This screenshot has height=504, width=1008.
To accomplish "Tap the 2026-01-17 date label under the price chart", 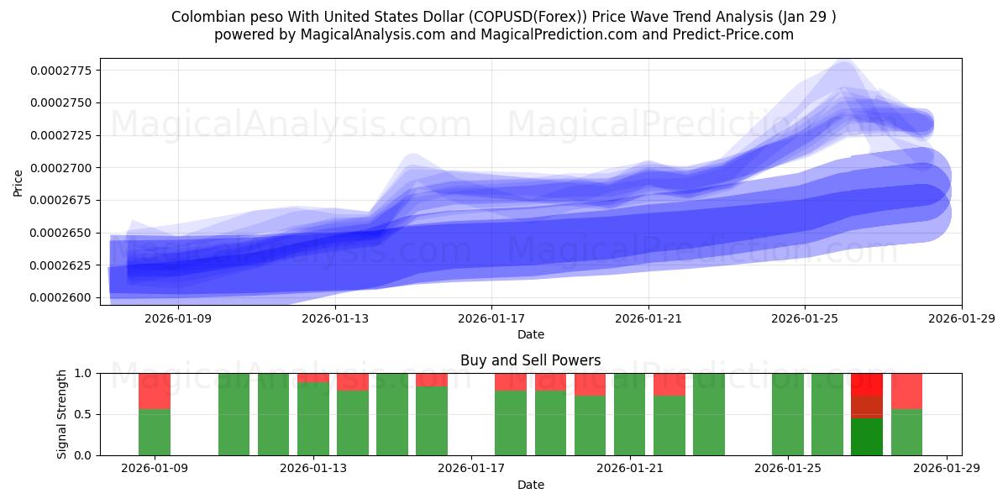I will tap(491, 318).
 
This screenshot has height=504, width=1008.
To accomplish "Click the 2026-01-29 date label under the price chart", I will tap(961, 318).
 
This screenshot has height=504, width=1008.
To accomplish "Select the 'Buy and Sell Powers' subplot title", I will tap(530, 360).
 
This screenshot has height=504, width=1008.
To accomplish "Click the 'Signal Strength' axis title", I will tap(62, 414).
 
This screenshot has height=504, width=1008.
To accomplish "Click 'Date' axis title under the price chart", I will tap(530, 334).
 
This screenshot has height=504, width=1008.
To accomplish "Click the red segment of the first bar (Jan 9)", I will tap(155, 391).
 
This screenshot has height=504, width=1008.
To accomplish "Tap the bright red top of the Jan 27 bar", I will tap(867, 384).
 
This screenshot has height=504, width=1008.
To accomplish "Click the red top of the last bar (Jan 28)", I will tap(906, 391).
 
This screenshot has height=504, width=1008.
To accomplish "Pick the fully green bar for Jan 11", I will tap(234, 414).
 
